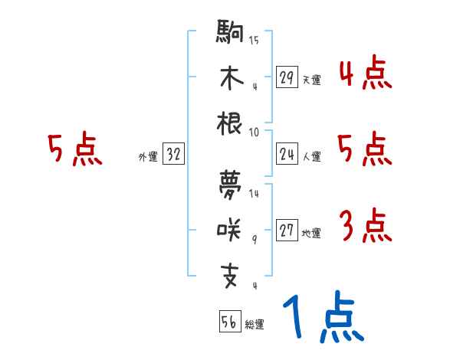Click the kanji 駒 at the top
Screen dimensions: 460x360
[230, 35]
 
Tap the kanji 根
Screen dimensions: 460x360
[230, 123]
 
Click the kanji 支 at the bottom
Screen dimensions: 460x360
[230, 272]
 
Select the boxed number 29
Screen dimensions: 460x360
[286, 77]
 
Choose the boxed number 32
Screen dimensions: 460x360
[173, 155]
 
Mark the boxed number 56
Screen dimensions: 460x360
[228, 322]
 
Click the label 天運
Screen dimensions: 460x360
[311, 80]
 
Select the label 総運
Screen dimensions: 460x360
[254, 325]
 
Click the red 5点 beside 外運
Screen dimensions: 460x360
[74, 150]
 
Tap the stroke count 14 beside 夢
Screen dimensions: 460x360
[254, 194]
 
